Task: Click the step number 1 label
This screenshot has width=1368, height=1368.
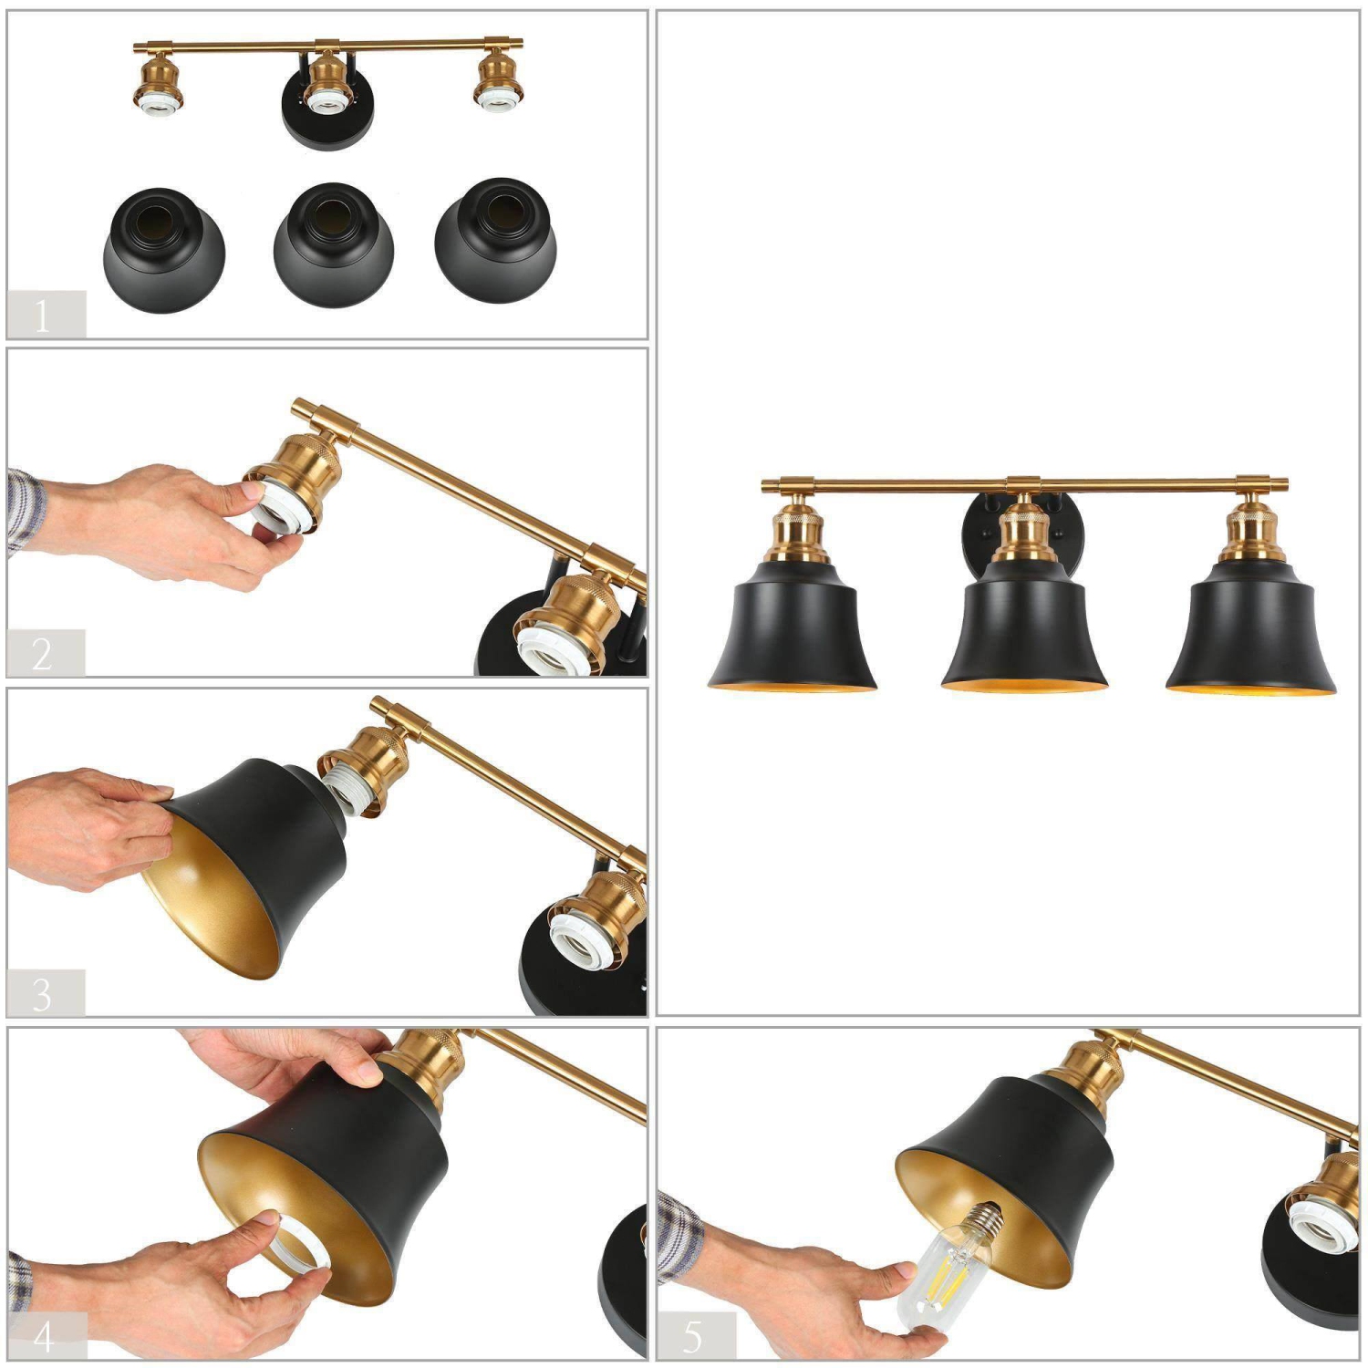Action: coord(43,316)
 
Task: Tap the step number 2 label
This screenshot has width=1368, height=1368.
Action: coord(43,654)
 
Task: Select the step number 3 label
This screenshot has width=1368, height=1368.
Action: coord(43,993)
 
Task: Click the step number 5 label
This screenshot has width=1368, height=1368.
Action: coord(693,1336)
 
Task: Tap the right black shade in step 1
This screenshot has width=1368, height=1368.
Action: coord(495,244)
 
